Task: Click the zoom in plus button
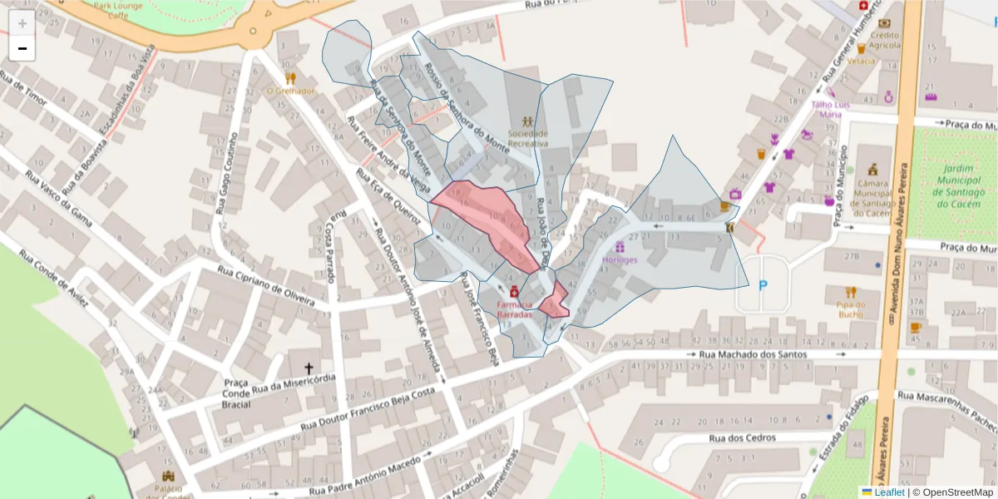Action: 22,23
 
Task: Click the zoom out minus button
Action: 22,48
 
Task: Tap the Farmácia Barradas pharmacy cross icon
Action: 515,291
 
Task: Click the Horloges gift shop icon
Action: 620,246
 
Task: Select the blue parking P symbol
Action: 763,285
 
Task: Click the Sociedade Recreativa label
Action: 528,137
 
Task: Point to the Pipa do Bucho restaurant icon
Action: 850,292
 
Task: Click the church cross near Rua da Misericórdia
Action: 309,367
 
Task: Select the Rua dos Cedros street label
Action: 742,437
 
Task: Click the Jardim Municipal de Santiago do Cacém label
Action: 953,185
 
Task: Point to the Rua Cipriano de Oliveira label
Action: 267,284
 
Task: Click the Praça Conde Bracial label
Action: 236,393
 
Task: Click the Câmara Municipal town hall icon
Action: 872,170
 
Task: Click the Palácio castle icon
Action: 170,476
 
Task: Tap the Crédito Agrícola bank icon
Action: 884,23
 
